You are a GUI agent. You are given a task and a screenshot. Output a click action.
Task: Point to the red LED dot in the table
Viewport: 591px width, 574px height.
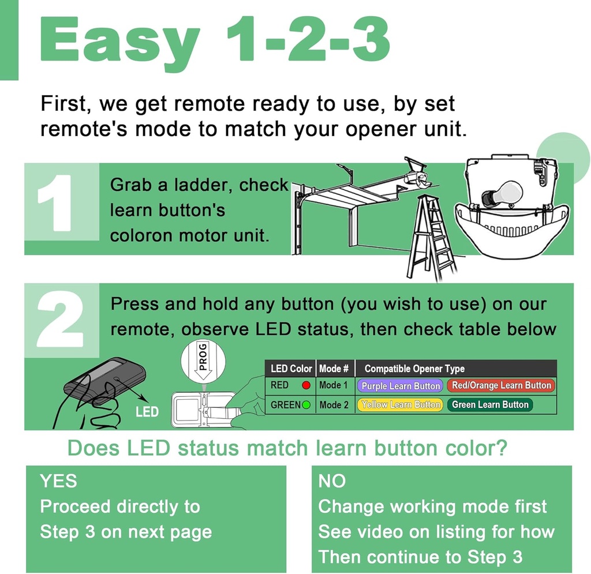tap(306, 385)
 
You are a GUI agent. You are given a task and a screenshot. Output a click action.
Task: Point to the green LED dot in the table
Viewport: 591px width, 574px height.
tap(306, 405)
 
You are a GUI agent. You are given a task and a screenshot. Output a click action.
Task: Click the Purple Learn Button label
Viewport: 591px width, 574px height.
tap(401, 386)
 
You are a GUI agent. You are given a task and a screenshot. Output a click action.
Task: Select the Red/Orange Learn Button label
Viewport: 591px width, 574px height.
tap(501, 385)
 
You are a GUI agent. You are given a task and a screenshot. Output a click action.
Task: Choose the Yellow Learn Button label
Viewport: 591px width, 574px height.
tap(401, 405)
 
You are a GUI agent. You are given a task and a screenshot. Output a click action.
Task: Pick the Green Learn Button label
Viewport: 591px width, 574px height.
tap(490, 405)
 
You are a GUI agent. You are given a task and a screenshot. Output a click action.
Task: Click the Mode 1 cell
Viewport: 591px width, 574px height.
tap(334, 385)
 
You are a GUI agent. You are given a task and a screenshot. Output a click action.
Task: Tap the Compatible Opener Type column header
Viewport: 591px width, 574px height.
tap(414, 369)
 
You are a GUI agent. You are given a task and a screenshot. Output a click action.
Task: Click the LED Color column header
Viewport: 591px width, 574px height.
tap(291, 368)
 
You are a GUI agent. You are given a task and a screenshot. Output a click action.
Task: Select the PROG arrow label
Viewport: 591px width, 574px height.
tap(203, 361)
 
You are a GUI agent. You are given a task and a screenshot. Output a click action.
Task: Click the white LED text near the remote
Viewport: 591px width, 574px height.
tap(147, 412)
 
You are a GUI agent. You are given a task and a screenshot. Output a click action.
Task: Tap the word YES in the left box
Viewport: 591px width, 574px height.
tap(58, 481)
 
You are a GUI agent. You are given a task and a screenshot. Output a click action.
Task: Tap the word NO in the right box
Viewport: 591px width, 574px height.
tap(332, 481)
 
